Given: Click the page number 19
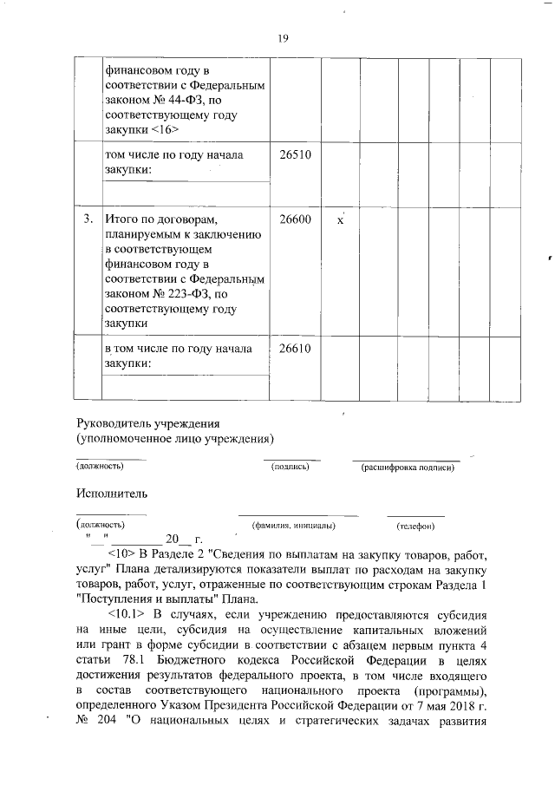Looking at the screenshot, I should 283,38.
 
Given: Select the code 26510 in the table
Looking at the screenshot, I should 295,155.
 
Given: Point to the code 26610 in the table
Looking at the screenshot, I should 295,349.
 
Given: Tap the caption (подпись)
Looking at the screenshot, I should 291,467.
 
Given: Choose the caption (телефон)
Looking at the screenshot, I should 415,526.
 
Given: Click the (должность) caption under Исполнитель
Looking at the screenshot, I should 101,525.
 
